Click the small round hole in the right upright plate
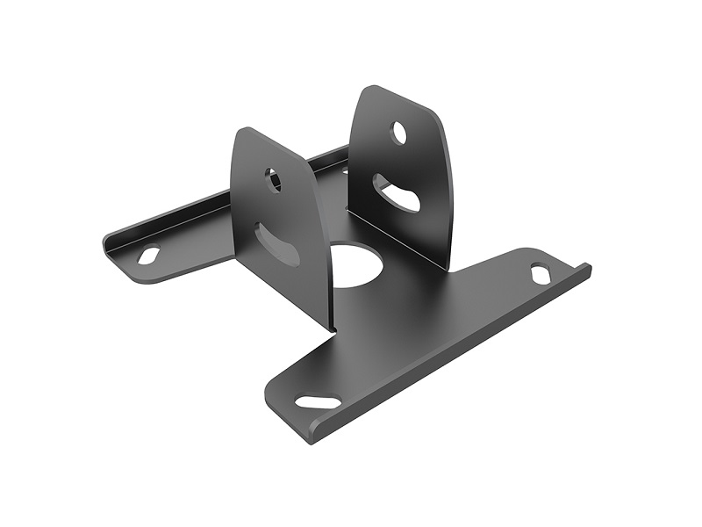(398, 133)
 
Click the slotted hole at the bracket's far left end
(148, 255)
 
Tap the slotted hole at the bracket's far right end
(541, 273)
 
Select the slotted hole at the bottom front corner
(318, 401)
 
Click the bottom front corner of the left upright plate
(332, 329)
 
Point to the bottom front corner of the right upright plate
(445, 269)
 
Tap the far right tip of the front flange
(587, 269)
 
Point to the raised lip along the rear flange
(175, 215)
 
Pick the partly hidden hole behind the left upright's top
(345, 170)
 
